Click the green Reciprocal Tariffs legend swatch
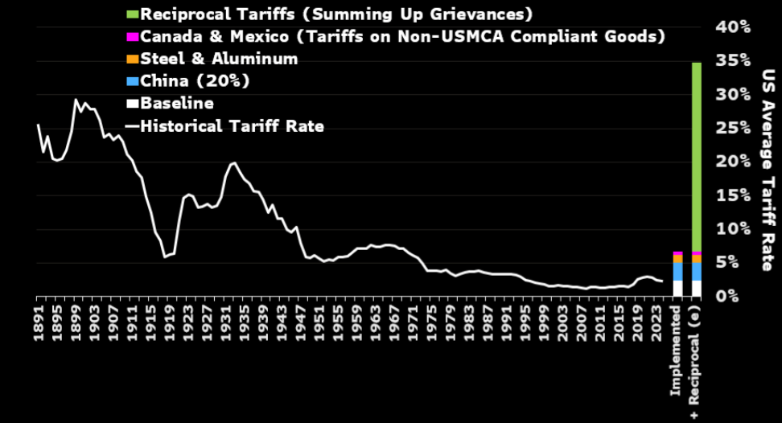pos(133,14)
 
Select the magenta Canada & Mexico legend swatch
pos(133,37)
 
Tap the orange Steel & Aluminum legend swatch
pos(133,59)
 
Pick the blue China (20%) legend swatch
pos(133,81)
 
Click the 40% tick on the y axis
pos(733,27)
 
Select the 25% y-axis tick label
pos(733,128)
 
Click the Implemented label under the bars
pos(678,343)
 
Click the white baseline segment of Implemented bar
pos(678,288)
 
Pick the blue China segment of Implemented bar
pos(678,272)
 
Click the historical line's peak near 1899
pos(76,101)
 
